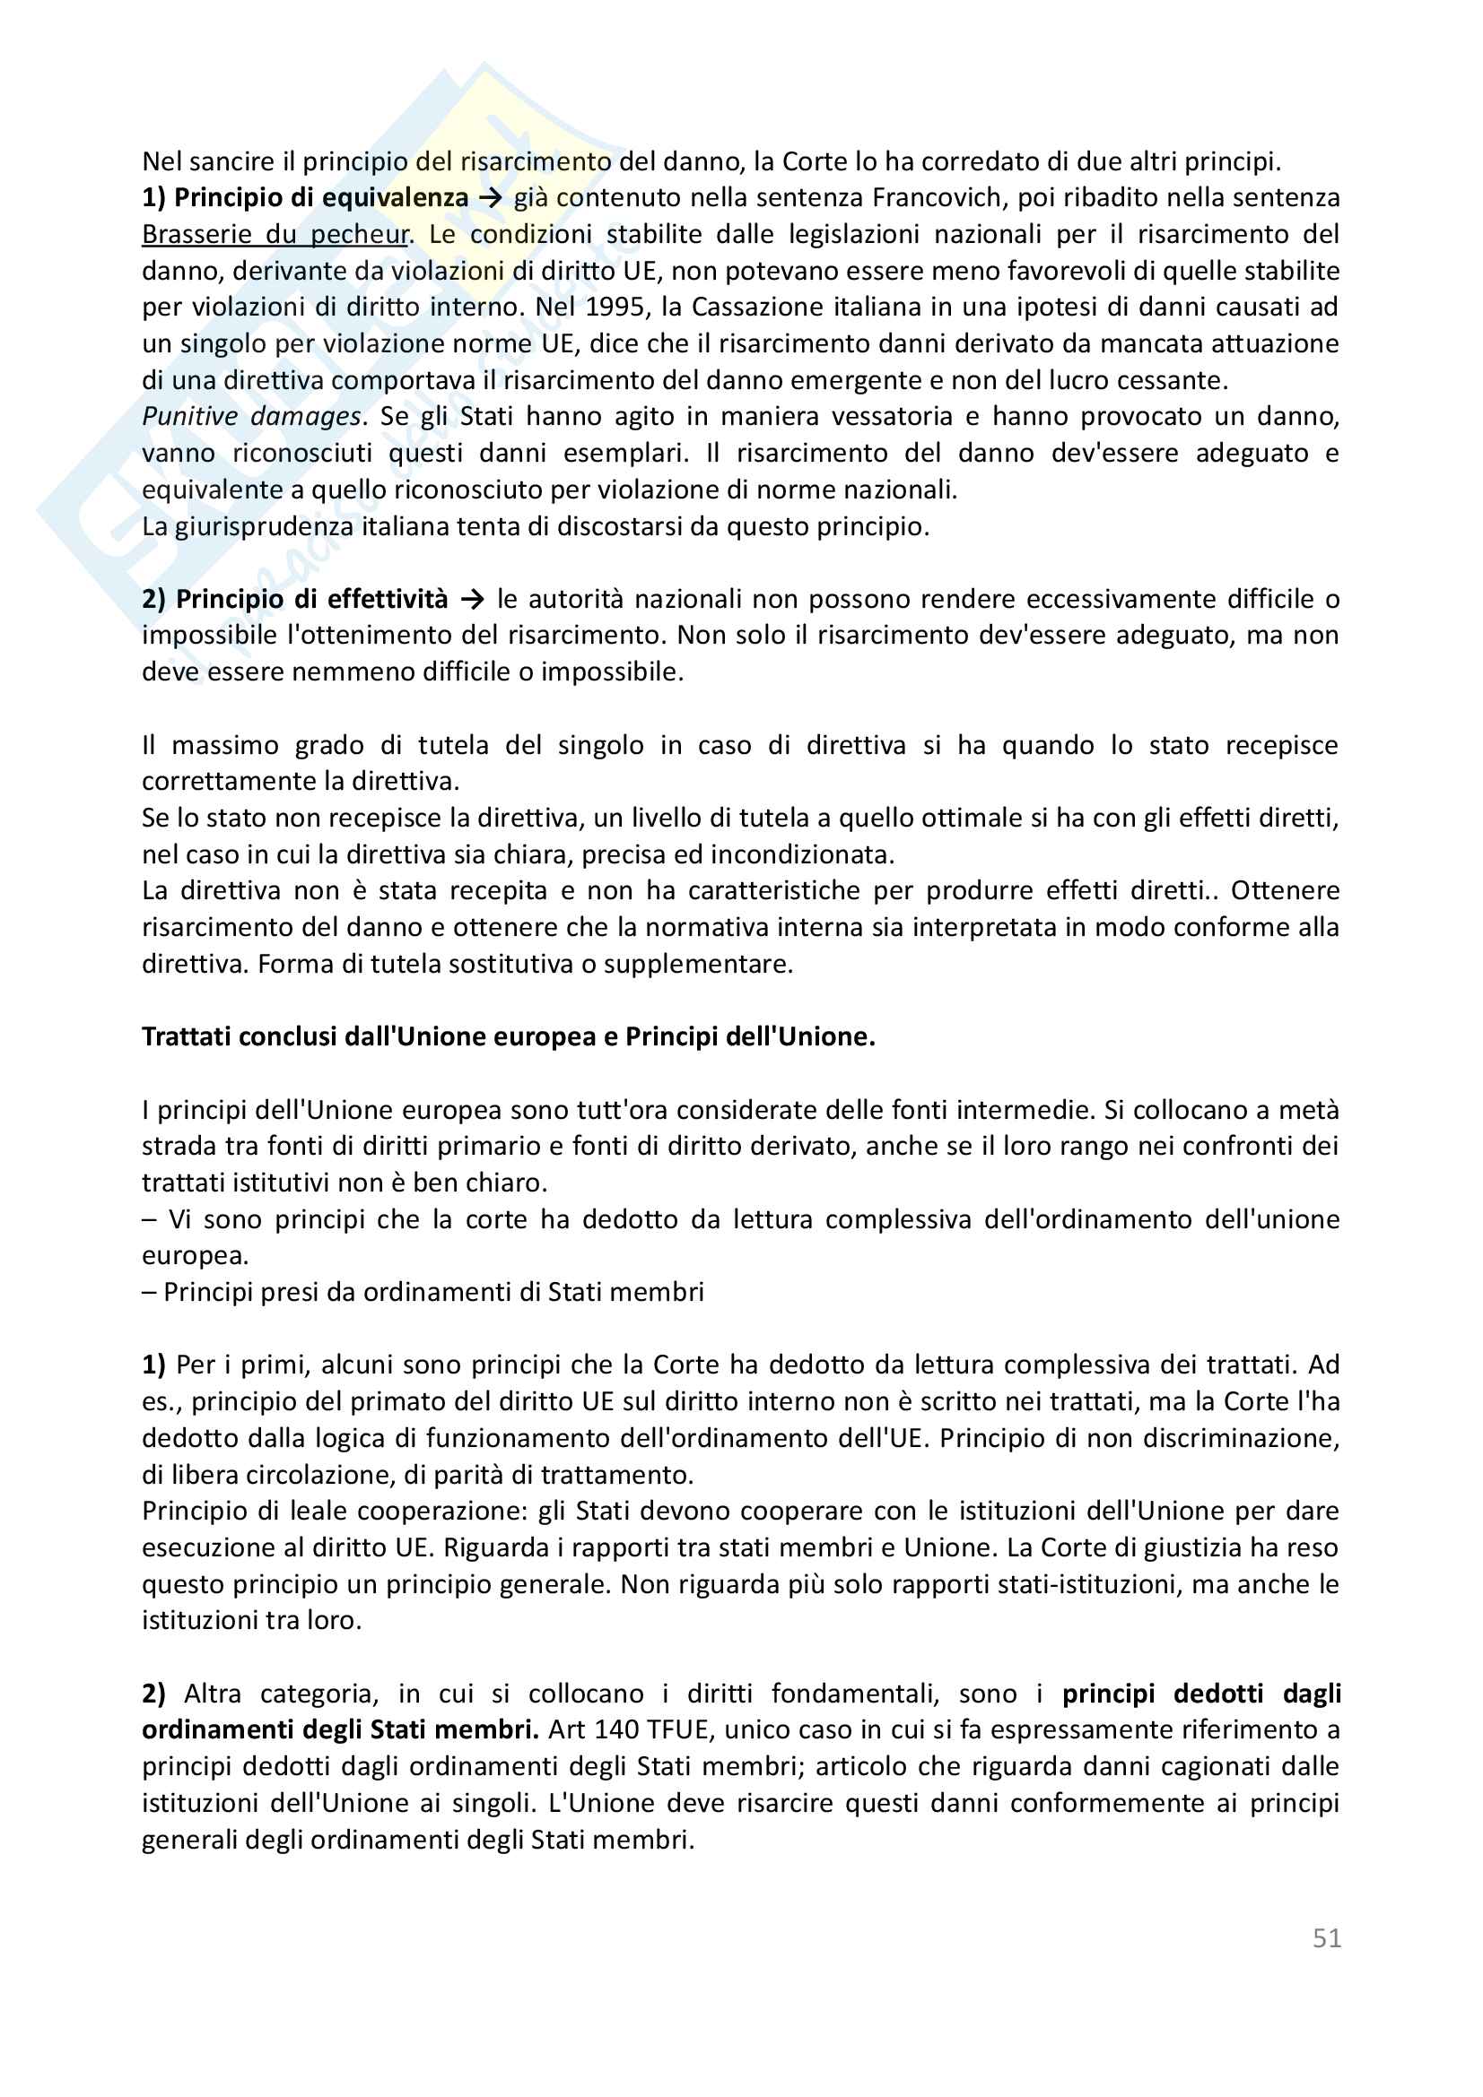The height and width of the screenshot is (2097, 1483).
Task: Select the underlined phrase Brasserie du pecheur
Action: click(275, 235)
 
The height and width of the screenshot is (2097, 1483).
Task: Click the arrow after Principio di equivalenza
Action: click(491, 197)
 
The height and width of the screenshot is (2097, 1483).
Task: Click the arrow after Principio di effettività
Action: click(473, 599)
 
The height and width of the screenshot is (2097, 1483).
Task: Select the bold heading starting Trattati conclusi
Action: click(508, 1036)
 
